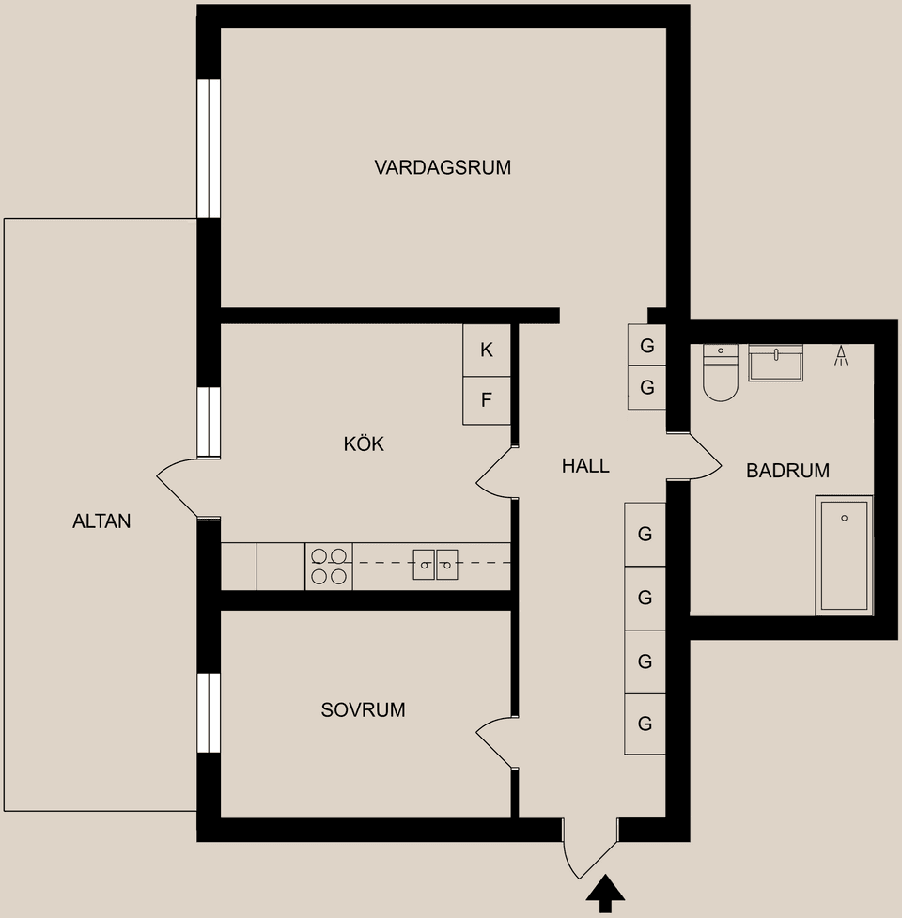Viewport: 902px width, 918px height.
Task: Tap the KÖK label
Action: (364, 444)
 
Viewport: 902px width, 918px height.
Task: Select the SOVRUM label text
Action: (363, 710)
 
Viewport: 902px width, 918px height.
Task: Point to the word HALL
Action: (585, 465)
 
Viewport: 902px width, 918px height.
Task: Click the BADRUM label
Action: (787, 472)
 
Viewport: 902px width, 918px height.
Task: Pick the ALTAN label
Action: (101, 521)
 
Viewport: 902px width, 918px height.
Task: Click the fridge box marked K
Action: (486, 350)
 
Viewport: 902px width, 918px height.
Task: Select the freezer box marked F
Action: (486, 400)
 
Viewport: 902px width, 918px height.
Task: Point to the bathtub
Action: (844, 556)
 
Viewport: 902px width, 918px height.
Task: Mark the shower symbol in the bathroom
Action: (841, 355)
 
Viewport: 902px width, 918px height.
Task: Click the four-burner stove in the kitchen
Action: (329, 567)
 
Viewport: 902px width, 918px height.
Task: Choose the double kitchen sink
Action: (435, 565)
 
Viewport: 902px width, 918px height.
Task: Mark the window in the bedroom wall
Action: (208, 712)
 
